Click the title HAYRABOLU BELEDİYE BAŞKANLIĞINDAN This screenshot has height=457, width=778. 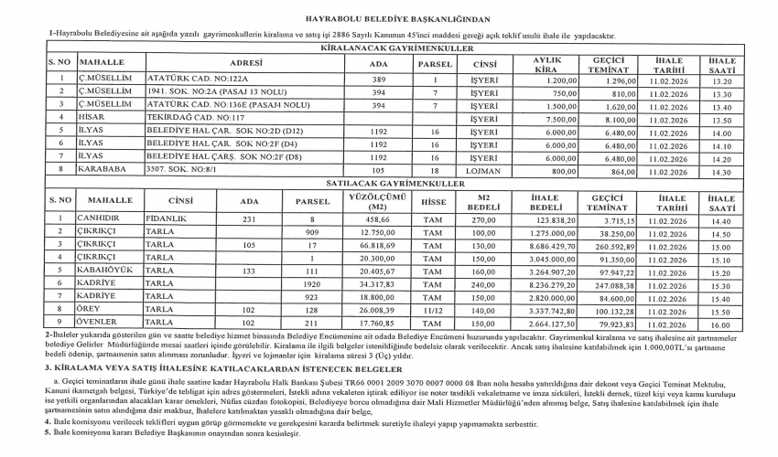389,17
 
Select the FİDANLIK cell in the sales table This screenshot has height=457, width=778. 167,218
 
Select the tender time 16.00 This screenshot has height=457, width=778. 720,324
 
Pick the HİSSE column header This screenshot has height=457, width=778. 427,200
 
